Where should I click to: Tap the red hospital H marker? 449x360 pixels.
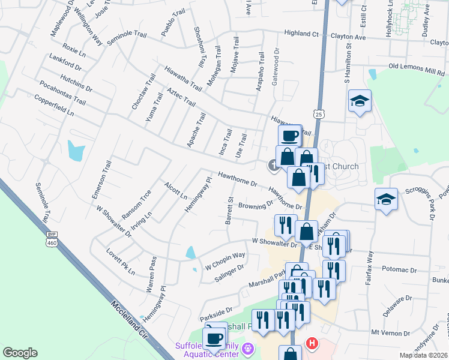[x=312, y=344]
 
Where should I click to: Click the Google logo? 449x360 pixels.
[x=20, y=353]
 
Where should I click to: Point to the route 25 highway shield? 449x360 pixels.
[x=318, y=113]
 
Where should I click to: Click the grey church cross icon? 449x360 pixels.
[x=273, y=165]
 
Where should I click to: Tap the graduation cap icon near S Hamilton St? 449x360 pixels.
[x=360, y=101]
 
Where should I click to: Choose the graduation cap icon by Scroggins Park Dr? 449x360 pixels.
[x=385, y=200]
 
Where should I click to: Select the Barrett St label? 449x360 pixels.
[x=229, y=211]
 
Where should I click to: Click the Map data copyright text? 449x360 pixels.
[x=424, y=355]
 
